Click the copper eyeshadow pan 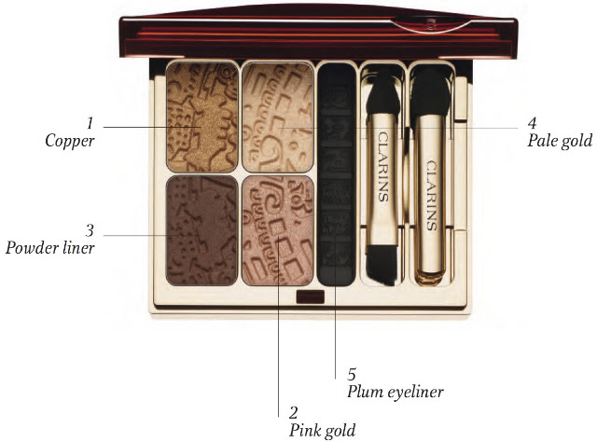pyautogui.click(x=202, y=117)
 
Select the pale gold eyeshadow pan pyautogui.click(x=278, y=117)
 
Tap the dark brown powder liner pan pyautogui.click(x=202, y=230)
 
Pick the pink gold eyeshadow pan pyautogui.click(x=278, y=230)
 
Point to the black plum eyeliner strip pyautogui.click(x=337, y=174)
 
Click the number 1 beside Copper pyautogui.click(x=90, y=123)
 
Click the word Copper pyautogui.click(x=70, y=141)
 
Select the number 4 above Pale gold pyautogui.click(x=532, y=123)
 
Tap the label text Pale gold pyautogui.click(x=560, y=141)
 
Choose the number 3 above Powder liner pyautogui.click(x=90, y=230)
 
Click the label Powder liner pyautogui.click(x=49, y=248)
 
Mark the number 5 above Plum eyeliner pyautogui.click(x=352, y=375)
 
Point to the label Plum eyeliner pyautogui.click(x=396, y=393)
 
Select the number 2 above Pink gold pyautogui.click(x=293, y=413)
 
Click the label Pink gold pyautogui.click(x=322, y=431)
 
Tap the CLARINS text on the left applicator pyautogui.click(x=383, y=166)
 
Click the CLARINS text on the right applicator pyautogui.click(x=431, y=195)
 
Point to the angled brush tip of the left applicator pyautogui.click(x=382, y=265)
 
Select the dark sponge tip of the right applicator pyautogui.click(x=430, y=92)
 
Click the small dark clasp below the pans pyautogui.click(x=311, y=297)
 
